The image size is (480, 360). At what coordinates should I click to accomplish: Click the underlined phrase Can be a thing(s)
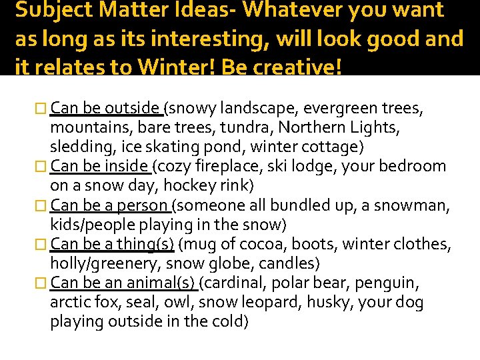coord(111,245)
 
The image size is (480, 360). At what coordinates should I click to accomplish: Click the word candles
coord(289,263)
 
